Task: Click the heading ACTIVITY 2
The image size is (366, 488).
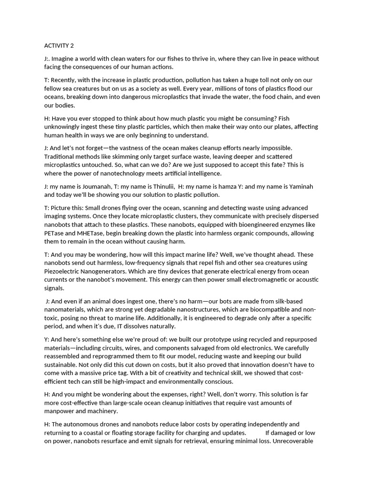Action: (x=59, y=46)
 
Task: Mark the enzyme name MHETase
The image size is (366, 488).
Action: (x=91, y=233)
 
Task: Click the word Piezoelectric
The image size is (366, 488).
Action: (x=66, y=271)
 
